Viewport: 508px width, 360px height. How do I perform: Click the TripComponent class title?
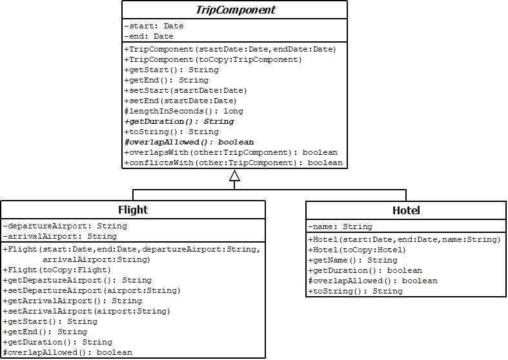[x=234, y=10]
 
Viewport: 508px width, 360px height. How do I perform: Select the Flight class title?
[x=133, y=210]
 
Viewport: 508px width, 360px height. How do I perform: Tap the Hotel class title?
[x=406, y=210]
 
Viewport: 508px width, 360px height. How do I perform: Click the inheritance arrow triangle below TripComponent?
[x=235, y=175]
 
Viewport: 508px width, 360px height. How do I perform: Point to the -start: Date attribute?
[x=154, y=26]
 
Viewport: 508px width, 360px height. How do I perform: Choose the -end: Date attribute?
[x=148, y=37]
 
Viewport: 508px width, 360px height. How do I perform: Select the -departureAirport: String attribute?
[x=65, y=226]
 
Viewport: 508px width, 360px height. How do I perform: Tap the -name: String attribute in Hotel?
[x=340, y=226]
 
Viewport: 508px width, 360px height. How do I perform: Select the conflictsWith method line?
[x=233, y=163]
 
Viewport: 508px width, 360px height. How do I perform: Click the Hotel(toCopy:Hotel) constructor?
[x=357, y=250]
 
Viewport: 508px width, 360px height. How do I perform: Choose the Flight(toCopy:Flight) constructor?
[x=57, y=270]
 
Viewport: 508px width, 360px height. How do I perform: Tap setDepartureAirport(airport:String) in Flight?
[x=86, y=291]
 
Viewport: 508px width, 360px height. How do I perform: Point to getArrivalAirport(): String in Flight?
[x=72, y=301]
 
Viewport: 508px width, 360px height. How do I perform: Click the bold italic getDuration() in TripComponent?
[x=179, y=122]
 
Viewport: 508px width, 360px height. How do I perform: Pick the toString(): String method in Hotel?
[x=355, y=291]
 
